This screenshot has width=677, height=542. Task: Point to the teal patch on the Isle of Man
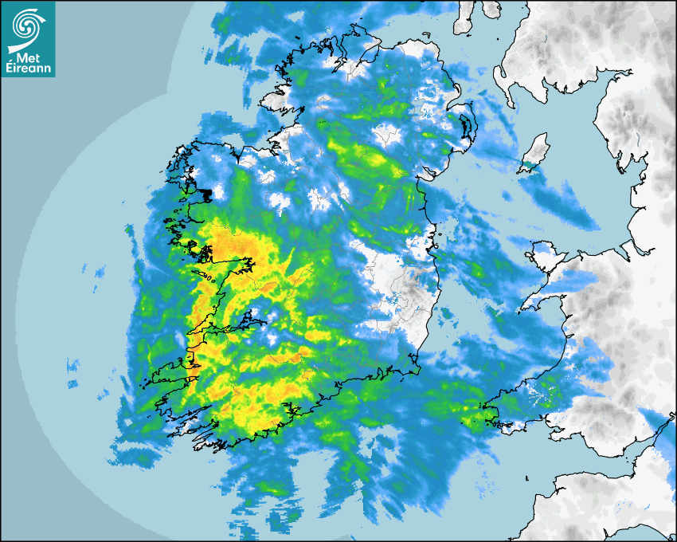point(528,167)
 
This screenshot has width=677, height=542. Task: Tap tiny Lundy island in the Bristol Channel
point(529,477)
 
